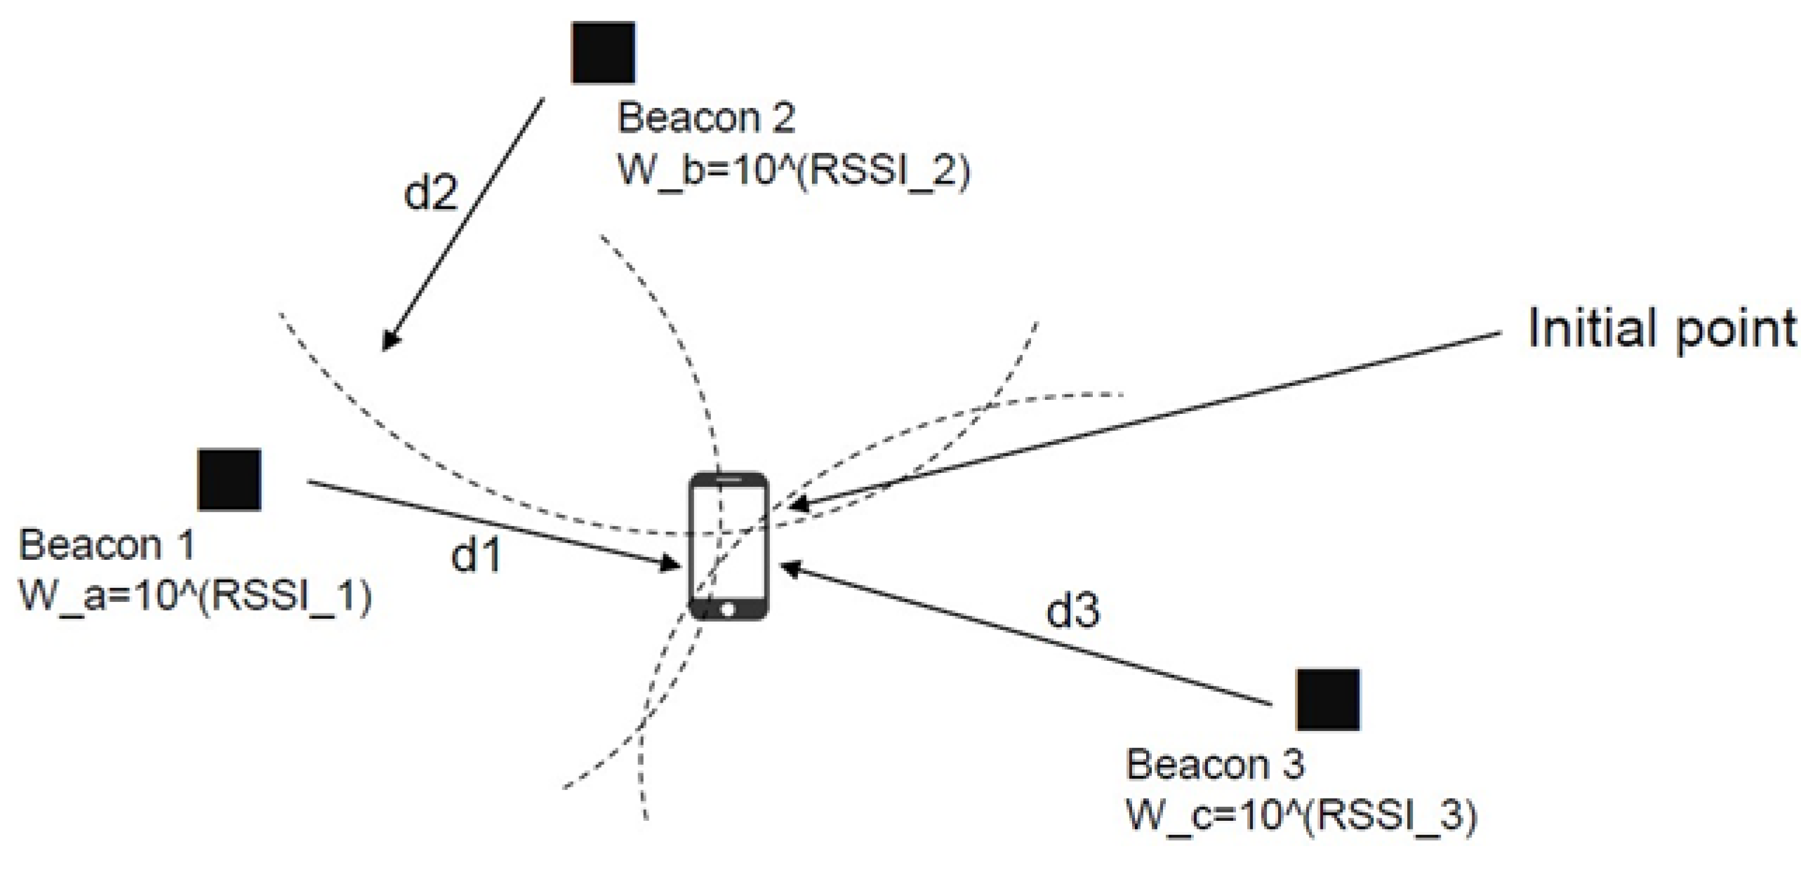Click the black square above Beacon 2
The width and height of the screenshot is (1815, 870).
[x=603, y=53]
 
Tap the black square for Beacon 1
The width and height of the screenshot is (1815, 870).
[x=230, y=480]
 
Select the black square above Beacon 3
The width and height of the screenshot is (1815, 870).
[x=1328, y=700]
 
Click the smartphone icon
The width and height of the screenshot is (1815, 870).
[x=729, y=546]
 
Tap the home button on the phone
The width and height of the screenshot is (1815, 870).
[x=729, y=608]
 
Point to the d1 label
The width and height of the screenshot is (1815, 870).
[x=477, y=554]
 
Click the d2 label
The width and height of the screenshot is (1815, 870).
[x=430, y=192]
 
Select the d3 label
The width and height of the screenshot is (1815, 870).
[x=1072, y=610]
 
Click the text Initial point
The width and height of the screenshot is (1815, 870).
[x=1662, y=329]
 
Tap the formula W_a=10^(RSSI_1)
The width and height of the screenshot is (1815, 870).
[x=195, y=596]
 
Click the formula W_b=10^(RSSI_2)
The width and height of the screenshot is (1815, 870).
[x=793, y=170]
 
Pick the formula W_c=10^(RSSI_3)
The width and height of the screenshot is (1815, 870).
[x=1301, y=816]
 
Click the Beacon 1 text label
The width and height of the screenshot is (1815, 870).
[x=107, y=544]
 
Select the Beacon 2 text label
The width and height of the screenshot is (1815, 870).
[x=706, y=117]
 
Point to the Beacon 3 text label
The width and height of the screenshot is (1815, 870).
[x=1215, y=763]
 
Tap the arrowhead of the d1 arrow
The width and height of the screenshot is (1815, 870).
[x=670, y=563]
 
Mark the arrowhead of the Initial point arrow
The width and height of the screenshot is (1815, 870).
[x=797, y=504]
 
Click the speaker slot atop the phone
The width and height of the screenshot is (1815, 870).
[x=729, y=480]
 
